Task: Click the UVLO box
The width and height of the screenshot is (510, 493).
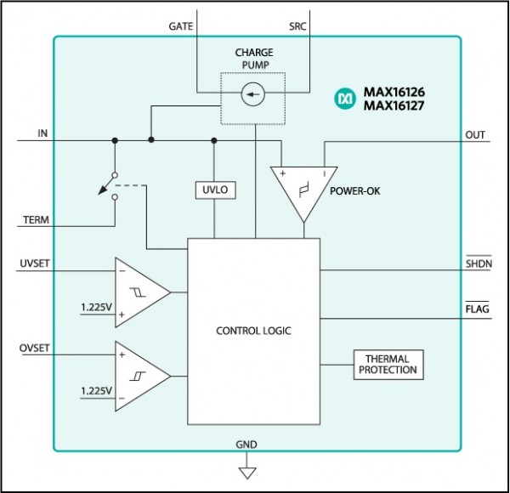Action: click(215, 190)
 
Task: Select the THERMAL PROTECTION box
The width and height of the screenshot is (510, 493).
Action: click(388, 365)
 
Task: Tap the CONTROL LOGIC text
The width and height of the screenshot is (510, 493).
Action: click(253, 331)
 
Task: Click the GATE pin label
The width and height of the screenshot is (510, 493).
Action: click(180, 26)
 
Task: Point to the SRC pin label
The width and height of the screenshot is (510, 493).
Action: click(297, 26)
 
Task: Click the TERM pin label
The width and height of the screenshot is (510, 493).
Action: click(36, 220)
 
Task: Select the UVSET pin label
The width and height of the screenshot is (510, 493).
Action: click(35, 263)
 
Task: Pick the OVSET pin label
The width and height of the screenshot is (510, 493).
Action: click(35, 348)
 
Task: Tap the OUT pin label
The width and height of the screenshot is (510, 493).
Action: click(475, 135)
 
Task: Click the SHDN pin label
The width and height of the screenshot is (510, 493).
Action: click(479, 263)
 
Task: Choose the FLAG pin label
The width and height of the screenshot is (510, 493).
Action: click(477, 309)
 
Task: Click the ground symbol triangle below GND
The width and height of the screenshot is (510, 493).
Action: click(247, 473)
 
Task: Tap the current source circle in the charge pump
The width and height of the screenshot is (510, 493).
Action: click(253, 94)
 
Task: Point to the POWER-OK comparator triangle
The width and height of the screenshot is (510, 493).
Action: click(303, 195)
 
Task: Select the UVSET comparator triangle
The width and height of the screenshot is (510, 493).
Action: click(143, 292)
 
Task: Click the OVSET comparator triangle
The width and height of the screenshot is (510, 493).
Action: click(143, 377)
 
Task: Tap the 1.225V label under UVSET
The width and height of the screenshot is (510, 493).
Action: click(96, 307)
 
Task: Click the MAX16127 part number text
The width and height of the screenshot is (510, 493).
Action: click(394, 105)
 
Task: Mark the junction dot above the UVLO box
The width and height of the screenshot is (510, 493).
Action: click(214, 140)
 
